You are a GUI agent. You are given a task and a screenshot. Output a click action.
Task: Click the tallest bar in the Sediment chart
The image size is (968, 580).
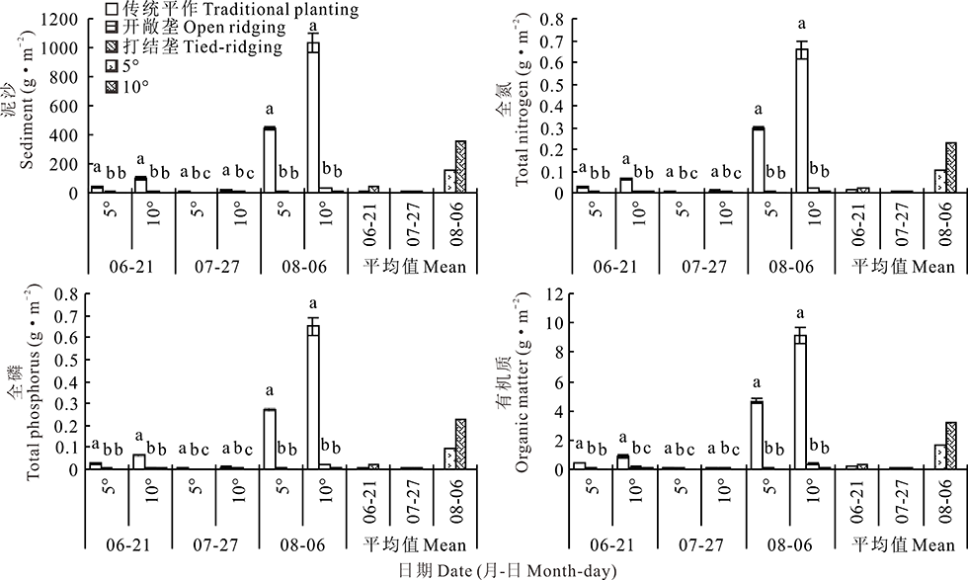(313, 118)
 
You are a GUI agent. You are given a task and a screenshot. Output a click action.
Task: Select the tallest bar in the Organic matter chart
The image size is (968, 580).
(801, 402)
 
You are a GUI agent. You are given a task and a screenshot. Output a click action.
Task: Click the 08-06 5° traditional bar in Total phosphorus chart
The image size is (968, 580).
(270, 439)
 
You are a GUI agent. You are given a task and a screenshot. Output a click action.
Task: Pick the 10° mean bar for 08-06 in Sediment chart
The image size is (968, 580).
(460, 167)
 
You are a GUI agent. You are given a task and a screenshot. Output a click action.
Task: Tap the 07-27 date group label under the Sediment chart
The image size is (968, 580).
(216, 266)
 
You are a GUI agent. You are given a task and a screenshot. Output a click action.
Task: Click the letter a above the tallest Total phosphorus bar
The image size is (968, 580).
(313, 303)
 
